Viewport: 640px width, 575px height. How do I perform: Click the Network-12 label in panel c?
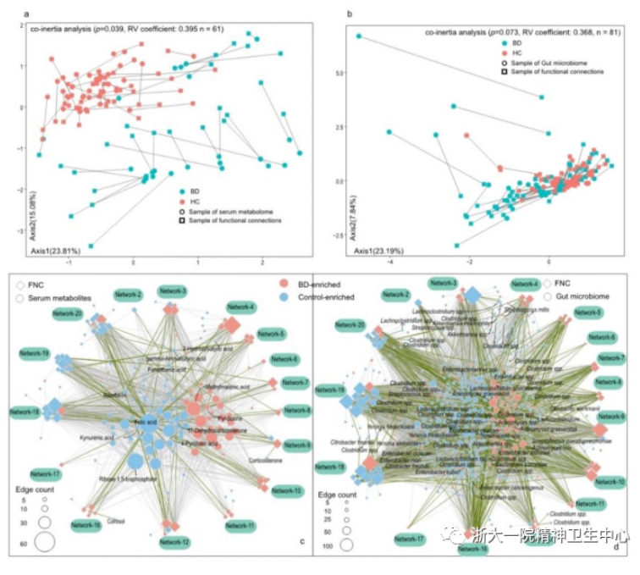(x=174, y=541)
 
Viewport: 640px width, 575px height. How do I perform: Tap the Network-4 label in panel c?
(x=240, y=307)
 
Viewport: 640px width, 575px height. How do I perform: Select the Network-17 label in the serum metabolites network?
(x=45, y=473)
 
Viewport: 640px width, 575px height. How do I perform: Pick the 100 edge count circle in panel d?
(x=345, y=545)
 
